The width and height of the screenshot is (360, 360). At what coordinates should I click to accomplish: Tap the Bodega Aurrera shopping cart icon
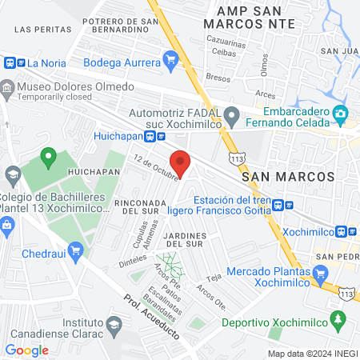[170, 58]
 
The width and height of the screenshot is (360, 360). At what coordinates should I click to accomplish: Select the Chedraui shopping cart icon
[76, 251]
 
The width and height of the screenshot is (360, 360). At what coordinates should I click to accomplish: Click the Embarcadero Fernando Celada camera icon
[340, 114]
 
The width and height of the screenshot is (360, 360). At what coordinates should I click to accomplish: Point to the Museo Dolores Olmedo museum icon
[7, 87]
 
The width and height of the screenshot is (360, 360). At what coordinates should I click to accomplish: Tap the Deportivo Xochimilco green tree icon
[340, 322]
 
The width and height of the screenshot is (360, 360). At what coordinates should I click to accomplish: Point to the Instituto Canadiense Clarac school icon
[115, 323]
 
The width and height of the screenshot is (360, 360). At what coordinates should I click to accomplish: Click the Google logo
[26, 350]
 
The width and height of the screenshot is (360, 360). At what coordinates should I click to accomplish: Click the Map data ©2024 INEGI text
[312, 354]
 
